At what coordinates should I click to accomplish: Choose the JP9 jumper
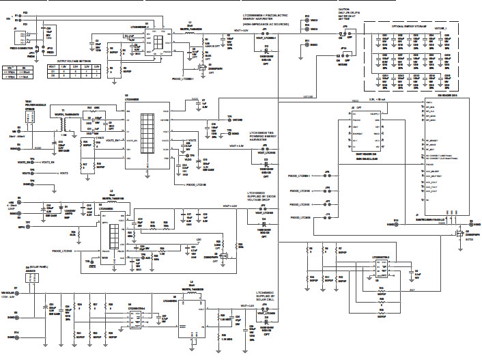pyautogui.click(x=345, y=30)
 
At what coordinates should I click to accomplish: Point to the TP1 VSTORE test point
pyautogui.click(x=229, y=119)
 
